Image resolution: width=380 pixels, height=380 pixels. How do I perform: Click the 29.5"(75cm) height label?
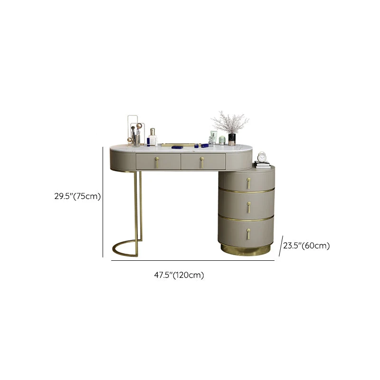tap(77, 196)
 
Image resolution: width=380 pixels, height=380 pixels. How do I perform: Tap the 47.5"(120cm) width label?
tap(179, 275)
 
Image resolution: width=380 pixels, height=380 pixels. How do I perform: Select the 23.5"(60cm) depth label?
tap(306, 246)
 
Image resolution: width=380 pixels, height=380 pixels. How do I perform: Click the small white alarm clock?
tap(262, 157)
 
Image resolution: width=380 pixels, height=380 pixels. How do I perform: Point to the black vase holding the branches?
tap(232, 139)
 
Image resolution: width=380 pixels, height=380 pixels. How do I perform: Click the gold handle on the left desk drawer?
tap(157, 162)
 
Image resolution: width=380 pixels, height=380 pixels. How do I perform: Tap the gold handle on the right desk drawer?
tap(202, 162)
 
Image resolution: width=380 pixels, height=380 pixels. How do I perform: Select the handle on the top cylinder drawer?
tap(248, 183)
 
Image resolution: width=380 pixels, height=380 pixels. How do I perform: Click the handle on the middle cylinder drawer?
tap(248, 207)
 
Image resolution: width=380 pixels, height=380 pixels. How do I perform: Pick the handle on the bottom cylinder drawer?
tap(248, 234)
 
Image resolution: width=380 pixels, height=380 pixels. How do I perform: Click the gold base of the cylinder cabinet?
tap(245, 250)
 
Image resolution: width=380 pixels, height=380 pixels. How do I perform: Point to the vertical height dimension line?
tap(103, 202)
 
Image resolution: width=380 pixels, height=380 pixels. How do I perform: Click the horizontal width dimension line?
tap(193, 260)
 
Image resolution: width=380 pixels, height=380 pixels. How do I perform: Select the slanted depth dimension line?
tap(281, 246)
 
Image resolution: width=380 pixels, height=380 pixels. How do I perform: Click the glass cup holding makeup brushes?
tap(136, 141)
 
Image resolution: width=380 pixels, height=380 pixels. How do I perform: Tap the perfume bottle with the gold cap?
tap(152, 137)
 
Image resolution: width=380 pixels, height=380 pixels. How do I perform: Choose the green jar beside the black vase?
tap(222, 141)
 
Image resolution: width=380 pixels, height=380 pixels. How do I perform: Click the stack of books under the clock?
tap(263, 165)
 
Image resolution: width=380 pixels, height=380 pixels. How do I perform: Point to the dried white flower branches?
tap(230, 123)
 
